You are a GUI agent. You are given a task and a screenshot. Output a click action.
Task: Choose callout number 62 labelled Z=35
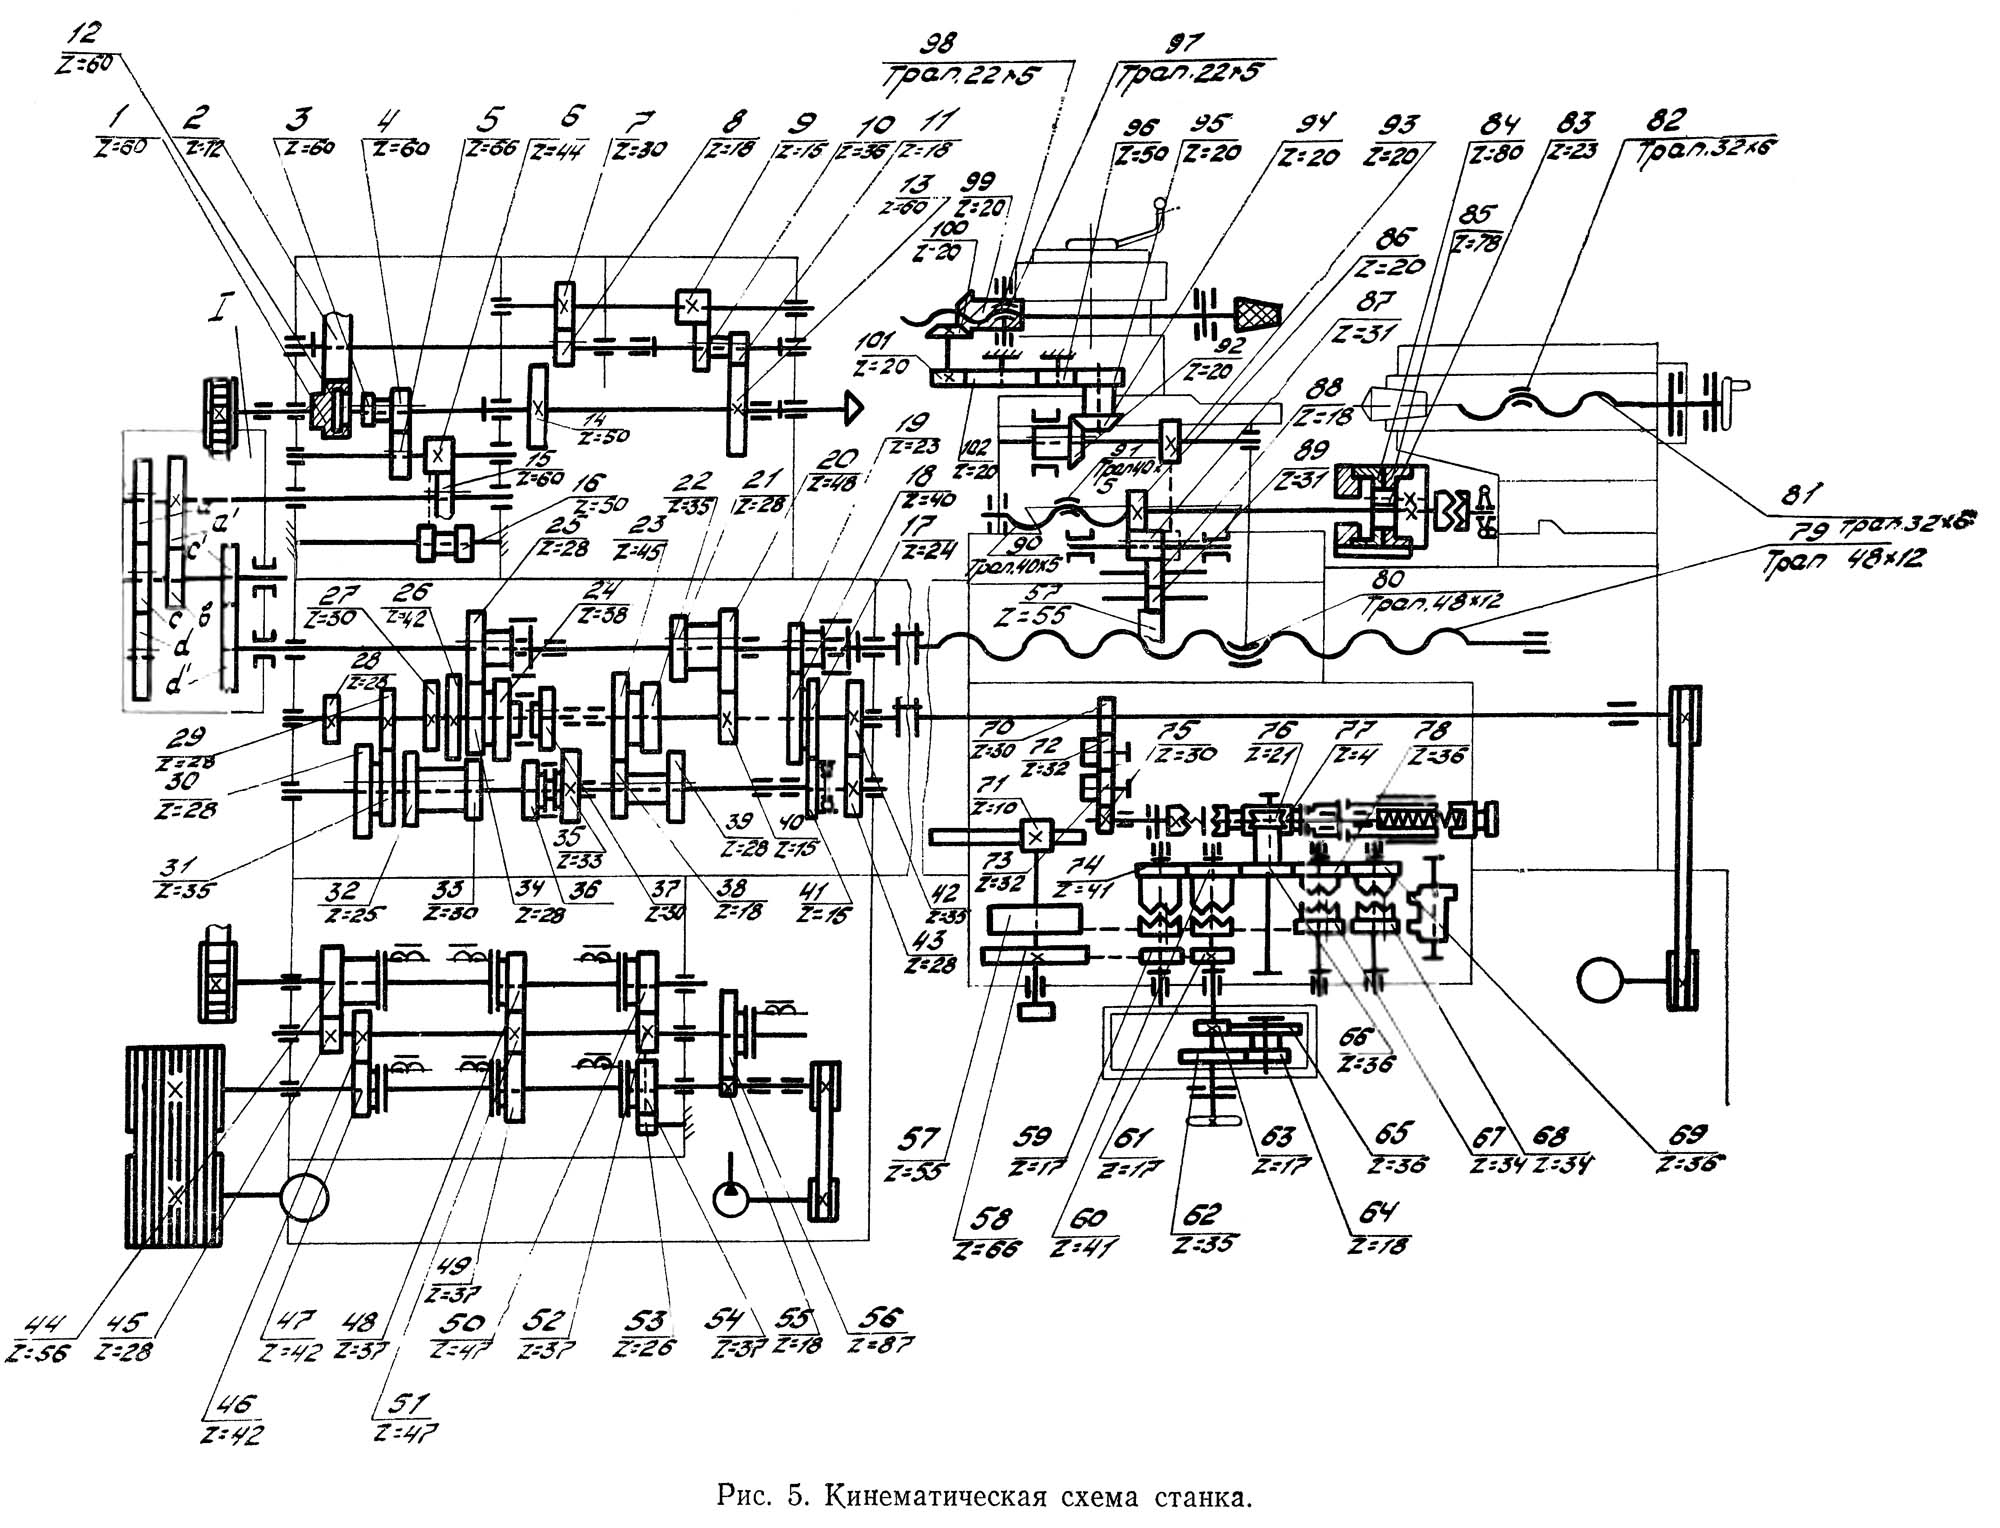coord(1202,1214)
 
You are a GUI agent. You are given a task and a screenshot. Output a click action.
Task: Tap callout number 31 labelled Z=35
coord(183,866)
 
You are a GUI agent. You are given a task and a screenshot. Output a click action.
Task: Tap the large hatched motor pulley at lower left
coord(175,1145)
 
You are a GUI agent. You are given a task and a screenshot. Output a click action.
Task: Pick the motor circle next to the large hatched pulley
coord(305,1197)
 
